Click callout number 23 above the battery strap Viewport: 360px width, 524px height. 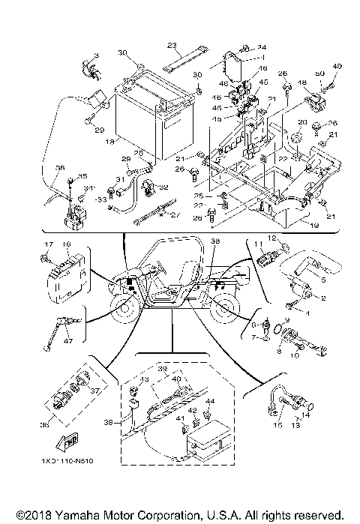pos(171,45)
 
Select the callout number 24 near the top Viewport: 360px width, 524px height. pos(263,46)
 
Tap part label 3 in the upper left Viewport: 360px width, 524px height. pos(96,57)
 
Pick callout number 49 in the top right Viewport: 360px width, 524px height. pos(337,67)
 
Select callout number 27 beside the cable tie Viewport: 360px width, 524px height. pos(177,215)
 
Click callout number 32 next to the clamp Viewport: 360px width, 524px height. pos(164,187)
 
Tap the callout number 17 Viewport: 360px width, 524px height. pos(46,245)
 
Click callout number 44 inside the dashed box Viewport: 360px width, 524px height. pos(209,403)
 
